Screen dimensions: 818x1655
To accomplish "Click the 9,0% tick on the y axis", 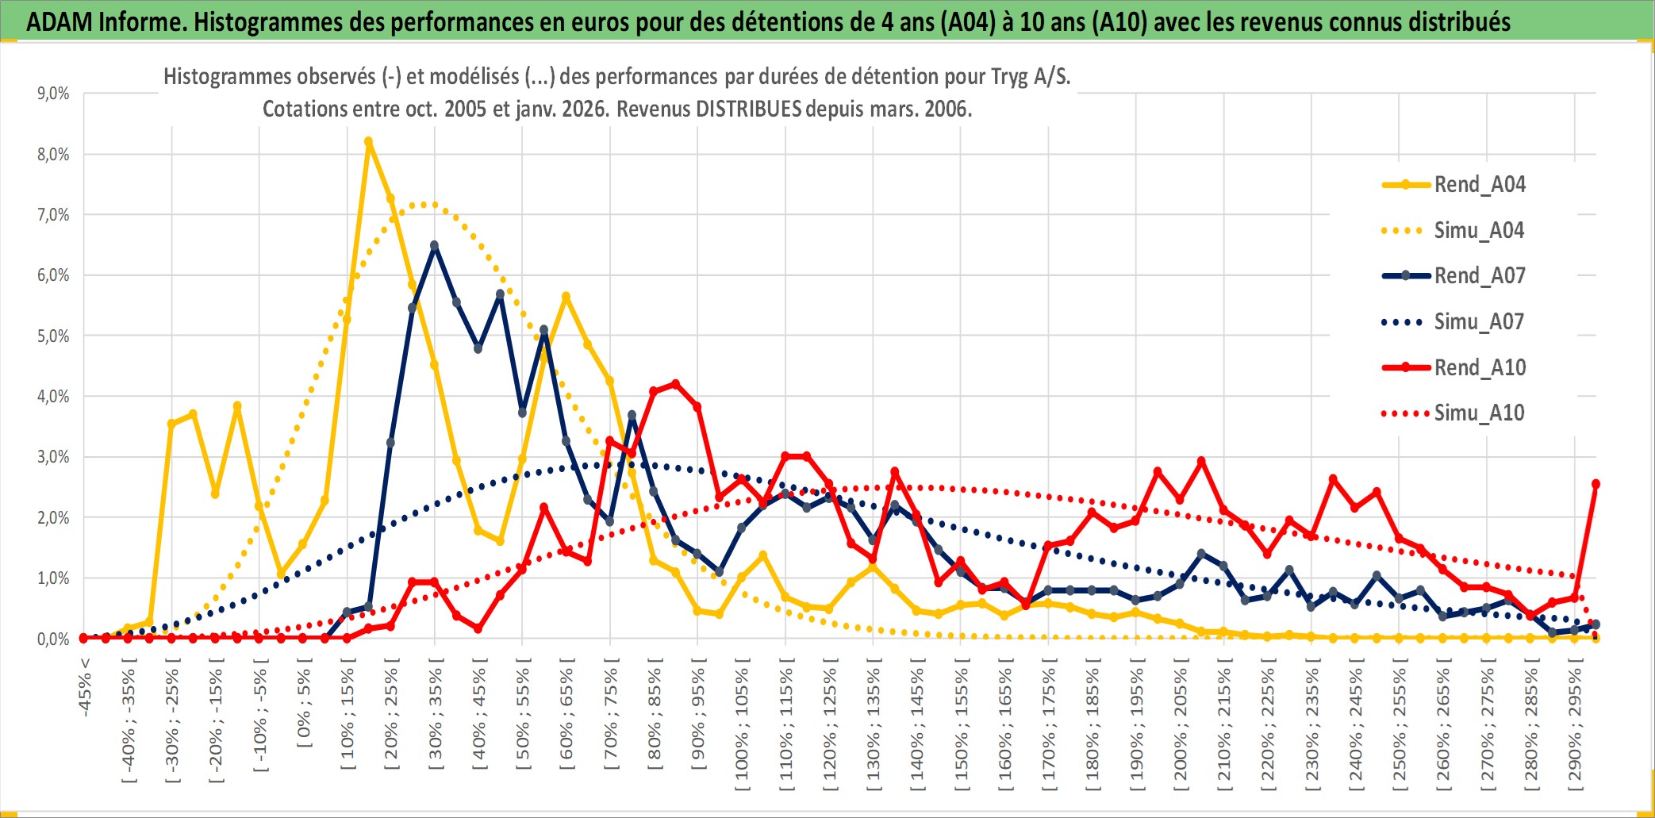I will click(x=53, y=94).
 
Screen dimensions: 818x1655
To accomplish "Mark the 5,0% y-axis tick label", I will click(x=53, y=336).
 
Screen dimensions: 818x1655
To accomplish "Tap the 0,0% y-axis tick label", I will click(x=53, y=639).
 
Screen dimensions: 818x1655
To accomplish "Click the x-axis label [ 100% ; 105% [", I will click(x=742, y=728).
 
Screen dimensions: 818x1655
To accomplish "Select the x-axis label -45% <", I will click(x=85, y=687).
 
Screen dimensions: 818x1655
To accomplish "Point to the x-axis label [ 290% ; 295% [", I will click(x=1575, y=728).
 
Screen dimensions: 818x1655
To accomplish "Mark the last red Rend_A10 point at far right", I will click(x=1595, y=484).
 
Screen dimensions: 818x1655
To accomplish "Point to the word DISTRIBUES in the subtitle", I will click(x=748, y=109).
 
